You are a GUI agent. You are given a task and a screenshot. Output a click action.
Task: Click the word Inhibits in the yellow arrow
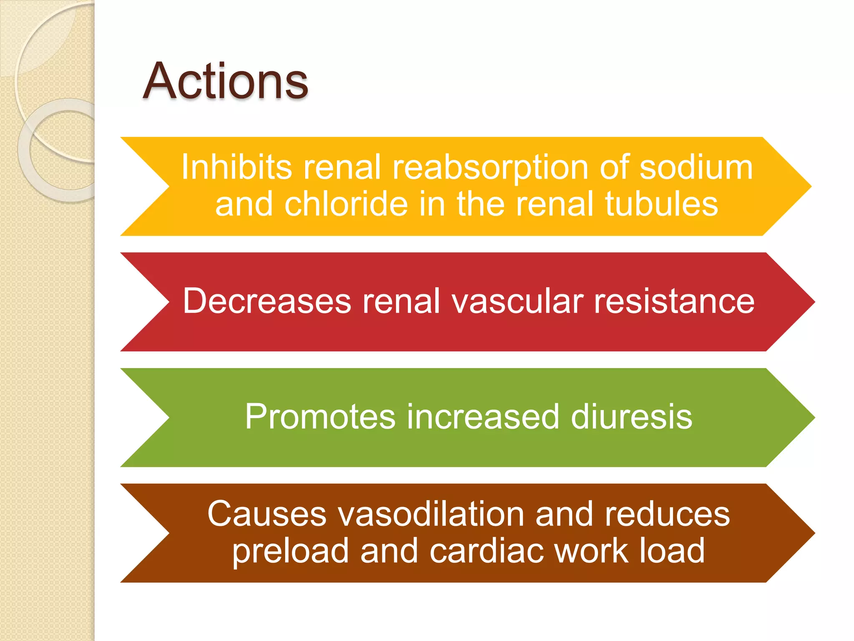click(236, 167)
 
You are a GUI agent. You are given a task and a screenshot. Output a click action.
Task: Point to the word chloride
click(346, 204)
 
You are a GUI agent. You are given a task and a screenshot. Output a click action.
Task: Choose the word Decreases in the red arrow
click(267, 301)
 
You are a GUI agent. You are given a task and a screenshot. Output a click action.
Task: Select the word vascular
click(517, 301)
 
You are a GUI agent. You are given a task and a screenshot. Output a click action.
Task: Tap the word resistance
click(674, 301)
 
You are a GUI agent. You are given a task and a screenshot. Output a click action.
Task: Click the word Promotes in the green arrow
click(320, 416)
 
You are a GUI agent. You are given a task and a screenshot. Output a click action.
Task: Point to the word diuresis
click(631, 416)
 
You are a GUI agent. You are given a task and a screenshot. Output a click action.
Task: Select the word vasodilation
click(431, 514)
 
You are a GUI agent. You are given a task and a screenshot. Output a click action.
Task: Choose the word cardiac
click(487, 550)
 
